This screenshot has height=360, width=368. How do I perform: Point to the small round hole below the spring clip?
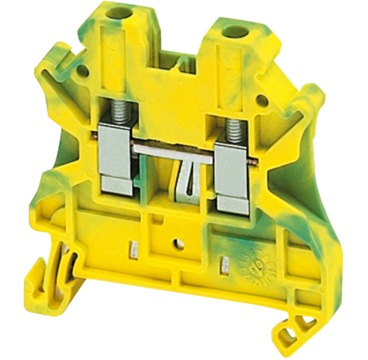click(x=177, y=241)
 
